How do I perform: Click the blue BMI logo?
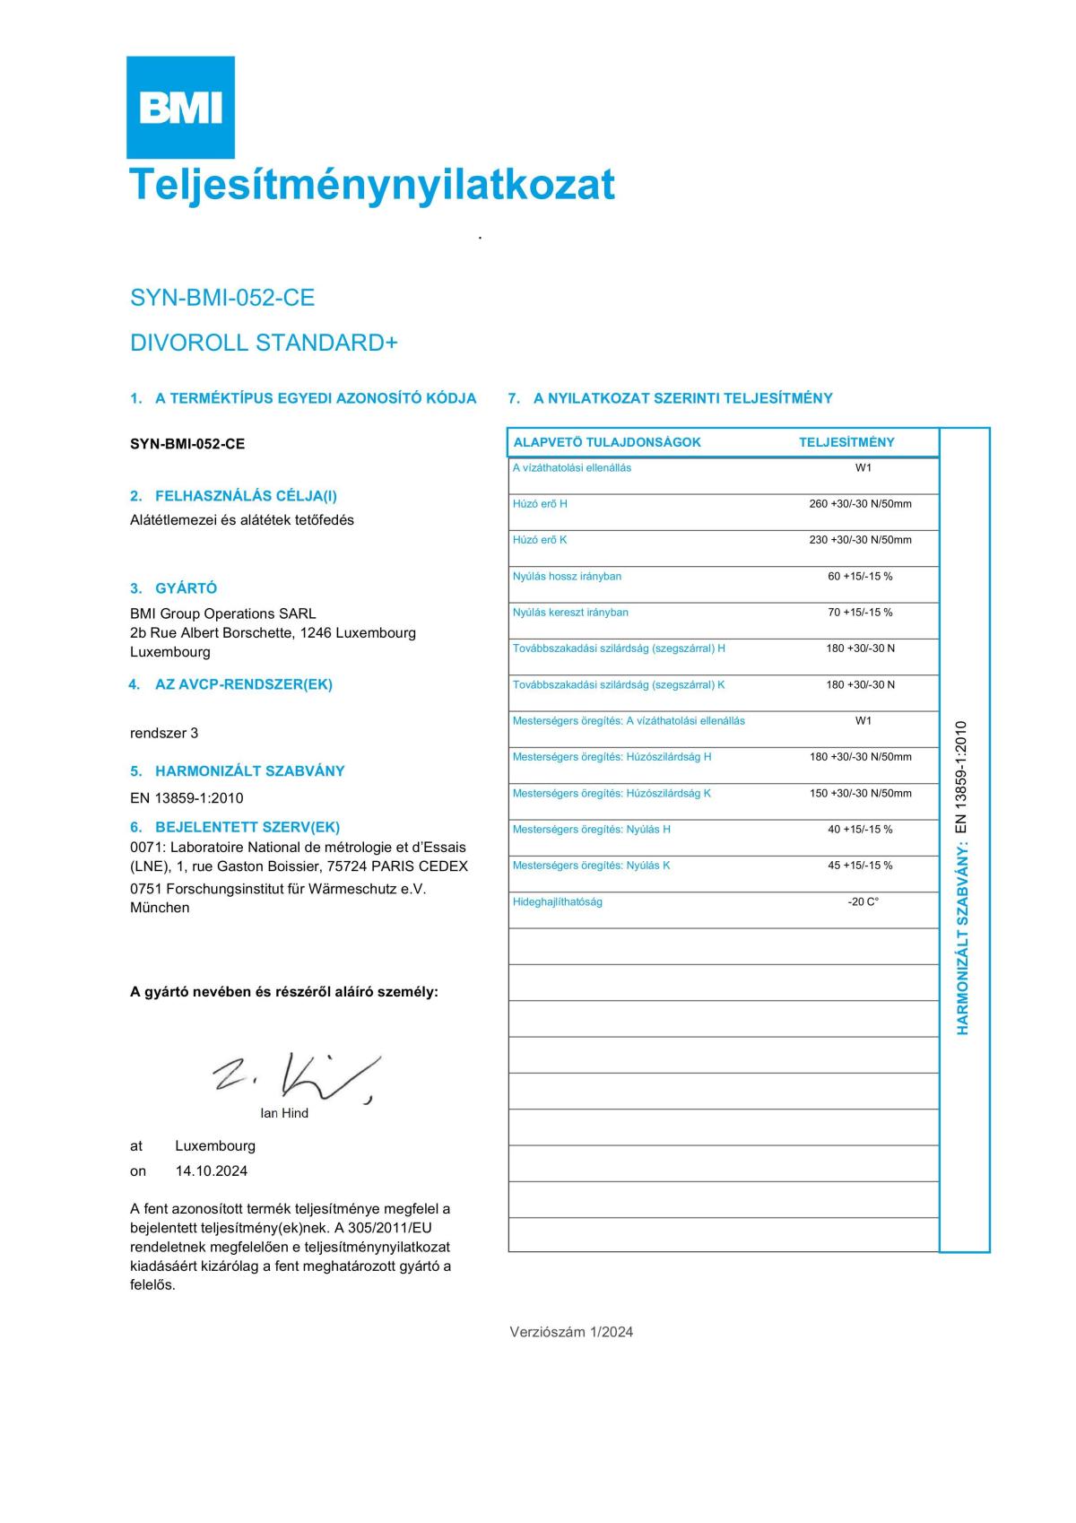(180, 108)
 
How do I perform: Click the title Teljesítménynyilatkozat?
(372, 184)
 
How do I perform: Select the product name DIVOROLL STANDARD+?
(264, 343)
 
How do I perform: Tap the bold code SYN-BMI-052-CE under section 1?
(187, 444)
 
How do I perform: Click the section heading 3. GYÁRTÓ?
(174, 588)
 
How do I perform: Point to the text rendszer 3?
(164, 733)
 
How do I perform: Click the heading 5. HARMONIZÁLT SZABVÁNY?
(238, 770)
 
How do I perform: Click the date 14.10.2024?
(212, 1171)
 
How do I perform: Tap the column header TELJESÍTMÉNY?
(846, 442)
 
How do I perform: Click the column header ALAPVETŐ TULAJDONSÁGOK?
(607, 442)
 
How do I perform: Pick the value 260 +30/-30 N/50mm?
(860, 504)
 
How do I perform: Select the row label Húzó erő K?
(540, 540)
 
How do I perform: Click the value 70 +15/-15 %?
(860, 613)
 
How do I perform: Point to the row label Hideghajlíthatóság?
(558, 901)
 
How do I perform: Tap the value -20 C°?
(863, 901)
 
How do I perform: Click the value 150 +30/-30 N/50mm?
(860, 794)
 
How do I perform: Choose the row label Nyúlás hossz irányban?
(567, 577)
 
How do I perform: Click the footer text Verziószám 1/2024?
(571, 1332)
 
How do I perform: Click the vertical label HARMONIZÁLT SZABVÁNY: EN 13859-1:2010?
(963, 877)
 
